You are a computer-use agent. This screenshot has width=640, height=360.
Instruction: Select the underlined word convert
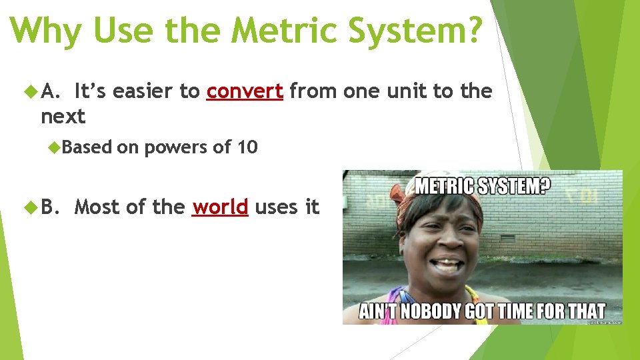coord(245,91)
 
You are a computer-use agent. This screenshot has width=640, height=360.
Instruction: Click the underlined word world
coord(220,207)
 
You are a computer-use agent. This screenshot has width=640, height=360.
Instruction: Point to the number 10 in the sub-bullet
coord(247,147)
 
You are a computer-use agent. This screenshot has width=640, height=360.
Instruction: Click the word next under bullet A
coord(63,117)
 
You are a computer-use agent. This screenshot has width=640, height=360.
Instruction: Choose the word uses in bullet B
coord(277,207)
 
